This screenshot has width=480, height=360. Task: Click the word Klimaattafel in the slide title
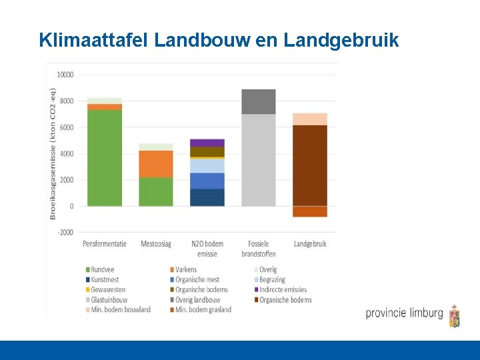(93, 41)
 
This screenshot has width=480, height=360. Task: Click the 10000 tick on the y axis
(65, 75)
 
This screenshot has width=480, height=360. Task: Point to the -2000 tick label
(65, 232)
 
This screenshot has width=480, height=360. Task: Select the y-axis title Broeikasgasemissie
(53, 153)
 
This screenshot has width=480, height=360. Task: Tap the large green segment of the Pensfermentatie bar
(105, 157)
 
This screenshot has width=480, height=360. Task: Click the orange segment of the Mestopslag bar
(156, 163)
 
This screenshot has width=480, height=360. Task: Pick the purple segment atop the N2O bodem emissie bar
(207, 143)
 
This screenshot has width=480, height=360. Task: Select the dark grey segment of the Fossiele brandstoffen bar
(259, 101)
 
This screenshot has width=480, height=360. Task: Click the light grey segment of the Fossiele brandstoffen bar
(259, 160)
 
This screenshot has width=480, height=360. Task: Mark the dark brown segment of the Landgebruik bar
(310, 165)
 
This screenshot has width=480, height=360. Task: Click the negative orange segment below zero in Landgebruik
(310, 211)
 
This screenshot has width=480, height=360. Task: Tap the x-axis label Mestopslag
(156, 244)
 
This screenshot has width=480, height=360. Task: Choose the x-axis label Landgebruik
(310, 244)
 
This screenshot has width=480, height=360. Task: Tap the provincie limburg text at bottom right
(404, 313)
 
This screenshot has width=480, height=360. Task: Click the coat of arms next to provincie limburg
(455, 316)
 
